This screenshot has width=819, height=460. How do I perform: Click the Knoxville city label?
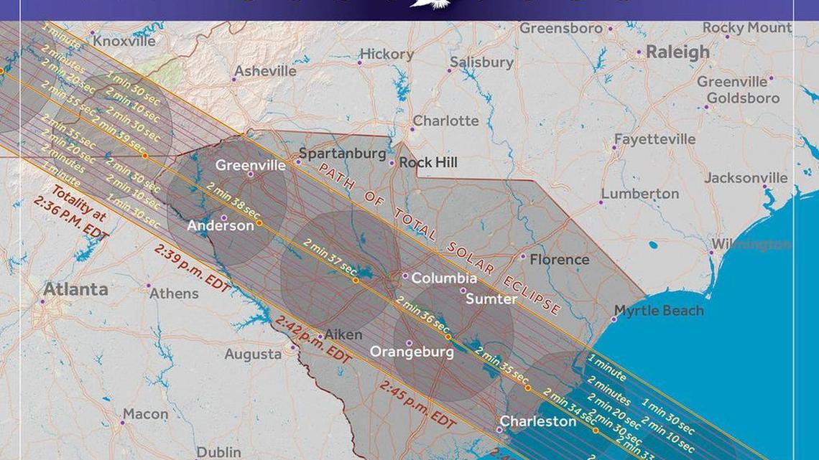(x=124, y=42)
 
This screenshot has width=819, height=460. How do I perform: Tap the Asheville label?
(x=265, y=71)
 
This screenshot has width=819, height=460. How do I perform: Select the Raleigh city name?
(x=677, y=52)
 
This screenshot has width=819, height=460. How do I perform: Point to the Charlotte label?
(x=445, y=121)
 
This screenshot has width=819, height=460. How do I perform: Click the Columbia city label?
(x=444, y=278)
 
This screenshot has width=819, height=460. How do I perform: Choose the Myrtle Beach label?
(x=659, y=311)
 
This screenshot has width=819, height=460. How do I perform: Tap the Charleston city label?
(x=538, y=421)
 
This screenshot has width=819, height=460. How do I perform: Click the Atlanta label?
(x=76, y=289)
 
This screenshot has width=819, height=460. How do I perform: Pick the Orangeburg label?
(x=412, y=352)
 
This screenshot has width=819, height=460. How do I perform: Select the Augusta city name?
(x=253, y=355)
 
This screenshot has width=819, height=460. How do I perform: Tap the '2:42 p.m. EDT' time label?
(x=312, y=338)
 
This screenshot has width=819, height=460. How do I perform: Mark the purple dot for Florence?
(x=522, y=256)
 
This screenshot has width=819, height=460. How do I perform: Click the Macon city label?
(x=145, y=414)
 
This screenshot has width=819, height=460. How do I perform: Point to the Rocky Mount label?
(x=747, y=28)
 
